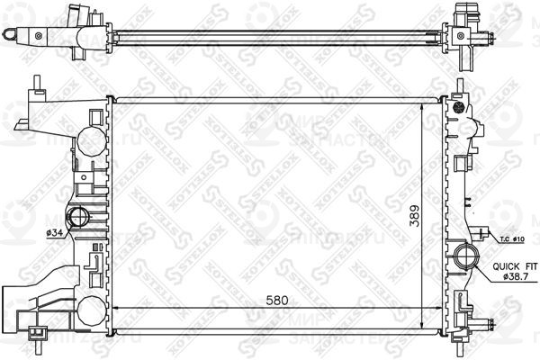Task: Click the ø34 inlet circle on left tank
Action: (x=78, y=217)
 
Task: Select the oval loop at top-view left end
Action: (x=10, y=34)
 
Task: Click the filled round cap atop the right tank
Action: (x=458, y=107)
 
